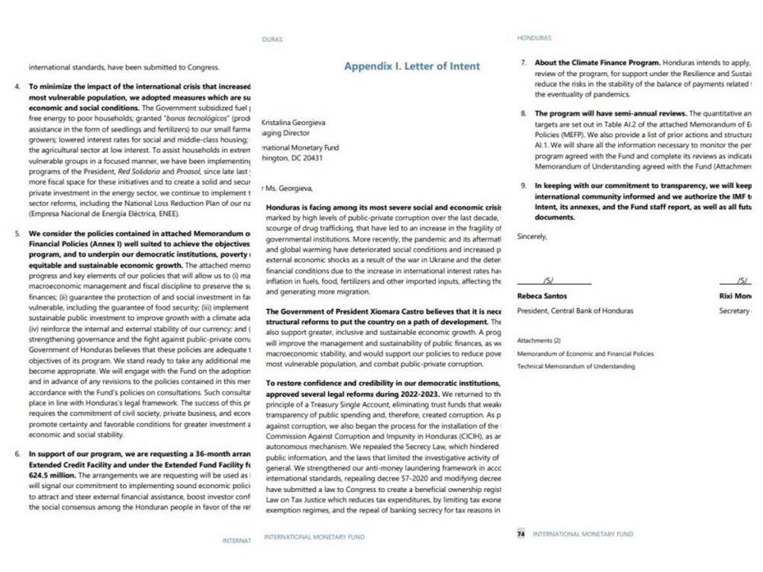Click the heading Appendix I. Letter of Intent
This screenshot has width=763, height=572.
pos(412,66)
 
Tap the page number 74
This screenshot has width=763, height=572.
pos(521,535)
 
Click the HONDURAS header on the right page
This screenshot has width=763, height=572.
pos(534,38)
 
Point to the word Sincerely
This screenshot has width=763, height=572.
pos(532,236)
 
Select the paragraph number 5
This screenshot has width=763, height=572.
pos(17,234)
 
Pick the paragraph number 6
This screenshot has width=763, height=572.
pos(17,454)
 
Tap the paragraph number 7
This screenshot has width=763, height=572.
pos(523,64)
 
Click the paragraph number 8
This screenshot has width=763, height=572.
pos(523,114)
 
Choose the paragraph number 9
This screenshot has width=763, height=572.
pos(523,186)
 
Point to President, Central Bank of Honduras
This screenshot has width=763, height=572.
pos(575,311)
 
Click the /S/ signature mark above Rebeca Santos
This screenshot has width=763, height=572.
pos(548,280)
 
